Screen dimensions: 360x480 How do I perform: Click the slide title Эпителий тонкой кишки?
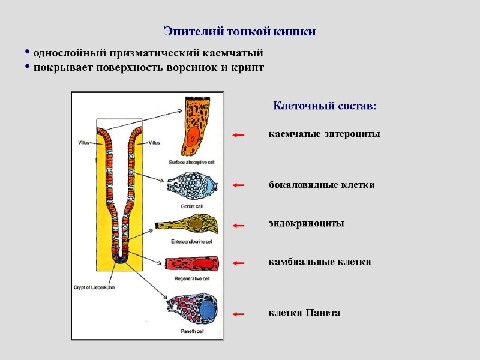[x=240, y=31]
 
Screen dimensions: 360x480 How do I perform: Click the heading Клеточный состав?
[x=325, y=106]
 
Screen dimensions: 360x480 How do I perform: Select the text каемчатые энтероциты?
[x=324, y=134]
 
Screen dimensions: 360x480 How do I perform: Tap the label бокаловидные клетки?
[x=321, y=185]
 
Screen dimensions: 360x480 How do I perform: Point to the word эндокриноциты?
[x=306, y=223]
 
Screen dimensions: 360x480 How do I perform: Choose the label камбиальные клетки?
[x=319, y=262]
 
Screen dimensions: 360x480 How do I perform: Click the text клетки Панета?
[x=304, y=313]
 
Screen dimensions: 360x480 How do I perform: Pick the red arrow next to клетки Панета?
[x=238, y=314]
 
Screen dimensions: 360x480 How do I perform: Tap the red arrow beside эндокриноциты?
[x=238, y=226]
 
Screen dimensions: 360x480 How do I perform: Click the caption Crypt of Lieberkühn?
[x=94, y=287]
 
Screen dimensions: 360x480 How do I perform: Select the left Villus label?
[x=85, y=143]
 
